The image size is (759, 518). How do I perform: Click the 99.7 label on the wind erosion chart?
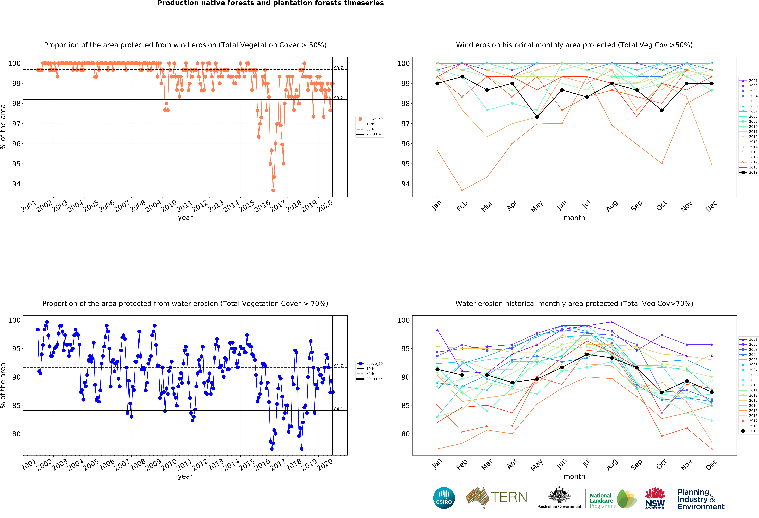point(338,68)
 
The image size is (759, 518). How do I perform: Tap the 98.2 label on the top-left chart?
point(338,98)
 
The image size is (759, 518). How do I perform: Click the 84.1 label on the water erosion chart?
point(338,409)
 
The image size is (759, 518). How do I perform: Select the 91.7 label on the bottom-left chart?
point(338,366)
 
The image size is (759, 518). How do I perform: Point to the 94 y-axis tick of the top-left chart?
point(16,184)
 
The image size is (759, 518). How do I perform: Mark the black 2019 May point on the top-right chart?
point(537,117)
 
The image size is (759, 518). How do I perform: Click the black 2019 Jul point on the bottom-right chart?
point(587,354)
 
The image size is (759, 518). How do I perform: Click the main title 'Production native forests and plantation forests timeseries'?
point(270,3)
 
